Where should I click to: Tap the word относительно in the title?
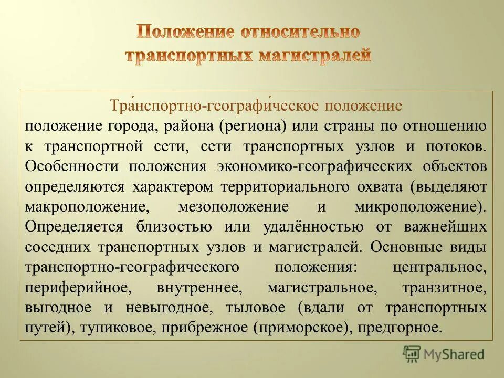pyautogui.click(x=300, y=32)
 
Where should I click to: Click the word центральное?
pyautogui.click(x=439, y=267)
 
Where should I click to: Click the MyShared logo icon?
pyautogui.click(x=412, y=354)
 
